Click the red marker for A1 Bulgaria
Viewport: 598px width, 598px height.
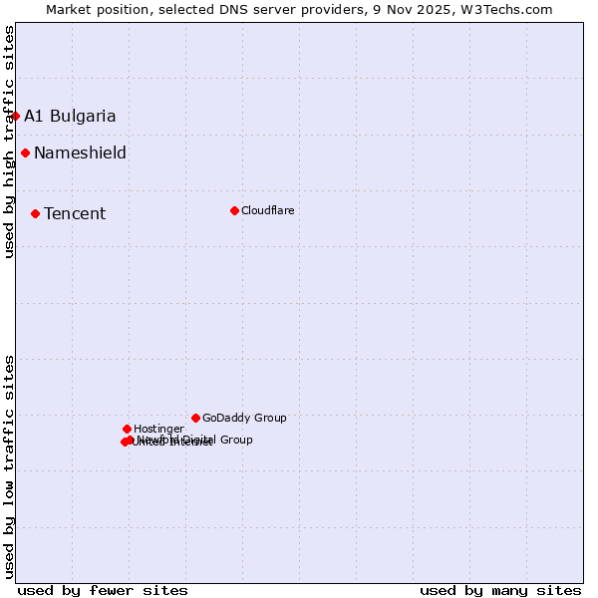pyautogui.click(x=15, y=116)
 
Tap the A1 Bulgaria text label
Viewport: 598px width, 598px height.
pyautogui.click(x=70, y=116)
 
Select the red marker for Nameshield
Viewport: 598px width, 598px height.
pyautogui.click(x=25, y=152)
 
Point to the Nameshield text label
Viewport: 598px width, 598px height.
pyautogui.click(x=80, y=152)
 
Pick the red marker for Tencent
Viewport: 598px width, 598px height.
pyautogui.click(x=35, y=213)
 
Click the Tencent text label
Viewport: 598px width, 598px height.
pyautogui.click(x=75, y=213)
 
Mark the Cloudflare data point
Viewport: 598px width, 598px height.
pyautogui.click(x=234, y=210)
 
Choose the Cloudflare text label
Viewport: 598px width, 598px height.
pyautogui.click(x=267, y=210)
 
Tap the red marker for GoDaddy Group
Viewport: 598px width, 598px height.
pyautogui.click(x=195, y=418)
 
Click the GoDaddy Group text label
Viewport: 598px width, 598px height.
pyautogui.click(x=244, y=418)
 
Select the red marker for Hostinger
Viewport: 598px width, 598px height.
pyautogui.click(x=127, y=429)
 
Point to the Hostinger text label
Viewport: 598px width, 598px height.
pyautogui.click(x=158, y=429)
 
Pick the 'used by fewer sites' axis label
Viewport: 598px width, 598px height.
pyautogui.click(x=103, y=590)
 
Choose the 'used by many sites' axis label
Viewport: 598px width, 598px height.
pyautogui.click(x=500, y=590)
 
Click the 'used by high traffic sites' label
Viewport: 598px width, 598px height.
pyautogui.click(x=9, y=142)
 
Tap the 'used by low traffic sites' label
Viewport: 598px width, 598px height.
pyautogui.click(x=9, y=465)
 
